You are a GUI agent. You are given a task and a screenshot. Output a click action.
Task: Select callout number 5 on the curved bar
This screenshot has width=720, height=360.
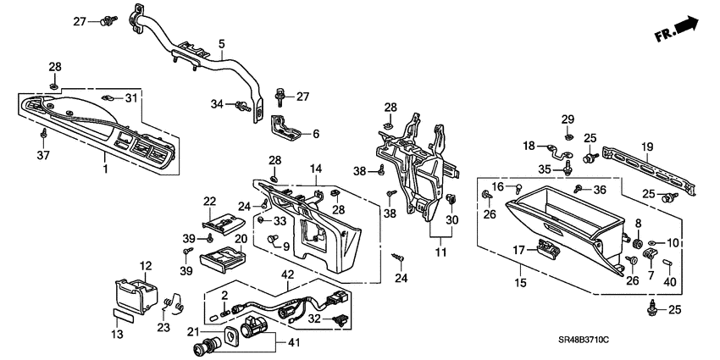coord(221,43)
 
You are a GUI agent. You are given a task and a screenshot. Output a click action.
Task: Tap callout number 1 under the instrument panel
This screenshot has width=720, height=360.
coord(105,169)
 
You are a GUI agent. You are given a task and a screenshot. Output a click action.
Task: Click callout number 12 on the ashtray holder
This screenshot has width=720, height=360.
coord(146,265)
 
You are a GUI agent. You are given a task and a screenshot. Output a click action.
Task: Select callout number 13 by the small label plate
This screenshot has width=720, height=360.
coord(118,335)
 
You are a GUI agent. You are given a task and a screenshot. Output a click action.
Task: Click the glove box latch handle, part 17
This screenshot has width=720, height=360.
coord(547,248)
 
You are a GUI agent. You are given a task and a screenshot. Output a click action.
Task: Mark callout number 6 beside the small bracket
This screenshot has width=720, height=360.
coord(316,134)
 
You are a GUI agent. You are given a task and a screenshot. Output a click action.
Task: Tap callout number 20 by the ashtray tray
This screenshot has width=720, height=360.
coord(241,240)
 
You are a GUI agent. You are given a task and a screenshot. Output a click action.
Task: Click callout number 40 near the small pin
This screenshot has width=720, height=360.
coord(670,282)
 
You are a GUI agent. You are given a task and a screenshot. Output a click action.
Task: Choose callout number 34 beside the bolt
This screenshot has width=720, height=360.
coord(217,104)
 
